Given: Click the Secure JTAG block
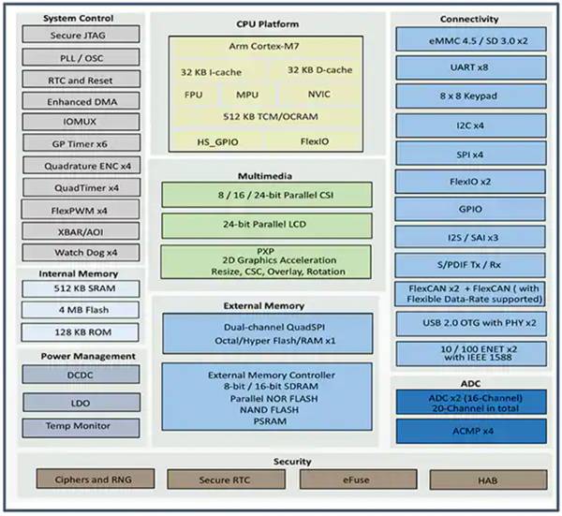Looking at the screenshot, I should [80, 36].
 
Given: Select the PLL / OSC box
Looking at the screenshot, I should [80, 57].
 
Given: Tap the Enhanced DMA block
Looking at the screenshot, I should [80, 100].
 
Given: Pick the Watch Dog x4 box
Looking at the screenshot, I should [80, 252].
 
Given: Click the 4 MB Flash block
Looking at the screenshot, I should [80, 310].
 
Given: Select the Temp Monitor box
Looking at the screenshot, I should [80, 426].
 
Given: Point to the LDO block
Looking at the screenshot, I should [80, 400].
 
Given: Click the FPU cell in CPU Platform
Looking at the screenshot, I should [193, 95].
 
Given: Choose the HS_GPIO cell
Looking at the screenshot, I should [216, 140].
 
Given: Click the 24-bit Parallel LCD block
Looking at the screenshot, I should [272, 225].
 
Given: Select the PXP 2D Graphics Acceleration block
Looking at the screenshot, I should [272, 260].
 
